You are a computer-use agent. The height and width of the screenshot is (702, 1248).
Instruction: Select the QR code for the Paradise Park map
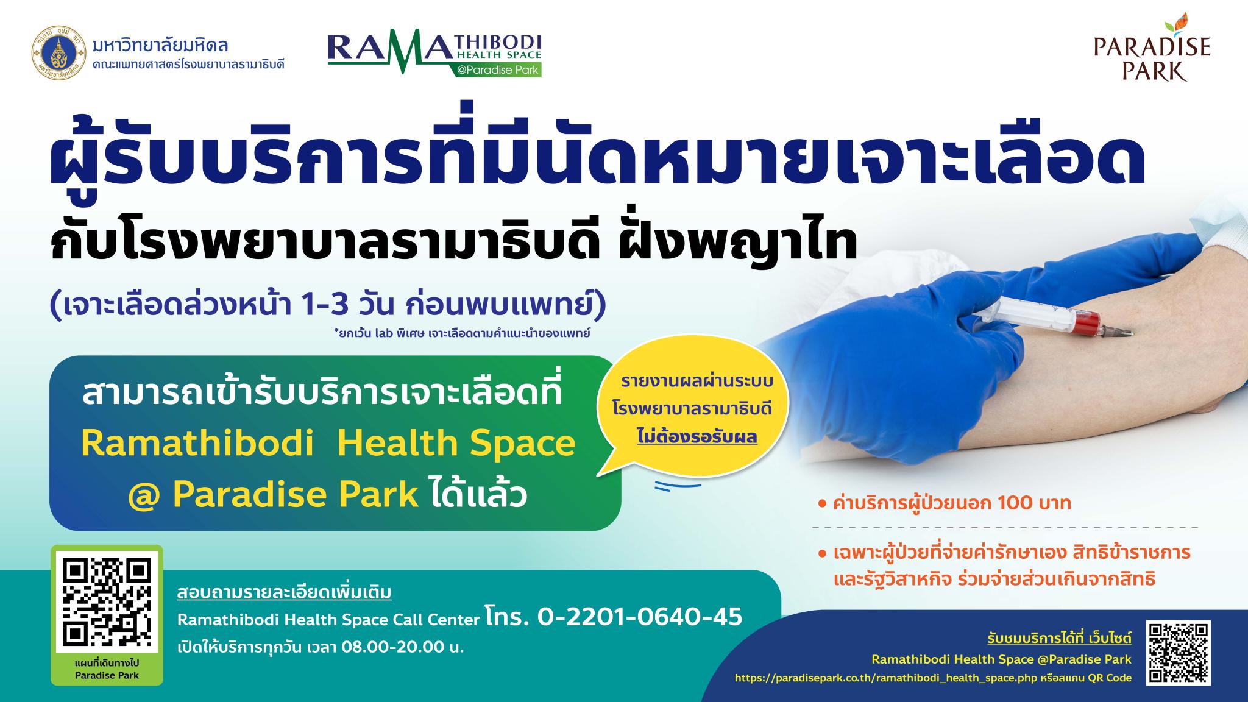[x=107, y=602]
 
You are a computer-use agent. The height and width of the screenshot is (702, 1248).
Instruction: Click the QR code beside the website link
[x=1178, y=653]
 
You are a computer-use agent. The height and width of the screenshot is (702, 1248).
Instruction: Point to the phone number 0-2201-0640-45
[x=640, y=616]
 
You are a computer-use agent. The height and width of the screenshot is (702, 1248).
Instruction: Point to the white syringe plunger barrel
[x=1024, y=321]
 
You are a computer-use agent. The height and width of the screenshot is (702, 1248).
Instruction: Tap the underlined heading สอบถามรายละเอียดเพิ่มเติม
[x=285, y=593]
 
